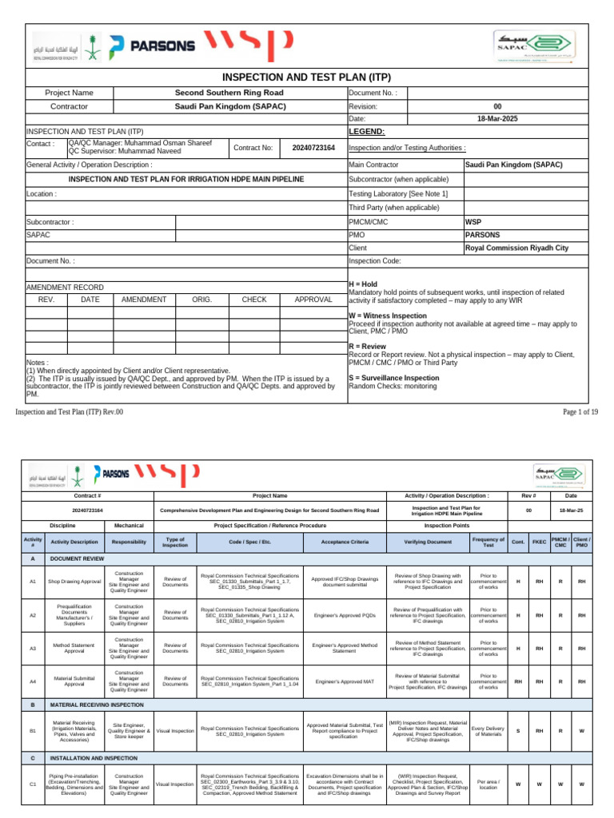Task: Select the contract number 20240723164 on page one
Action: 313,148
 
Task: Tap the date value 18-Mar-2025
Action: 497,118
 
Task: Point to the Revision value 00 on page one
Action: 497,105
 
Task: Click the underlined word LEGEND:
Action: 367,131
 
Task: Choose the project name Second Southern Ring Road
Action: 229,93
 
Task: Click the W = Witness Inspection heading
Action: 388,316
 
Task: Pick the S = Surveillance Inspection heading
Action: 394,378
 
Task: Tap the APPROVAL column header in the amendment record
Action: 313,300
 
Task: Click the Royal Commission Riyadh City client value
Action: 516,248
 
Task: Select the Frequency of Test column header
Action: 488,542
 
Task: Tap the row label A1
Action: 33,582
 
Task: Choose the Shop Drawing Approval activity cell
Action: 74,582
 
